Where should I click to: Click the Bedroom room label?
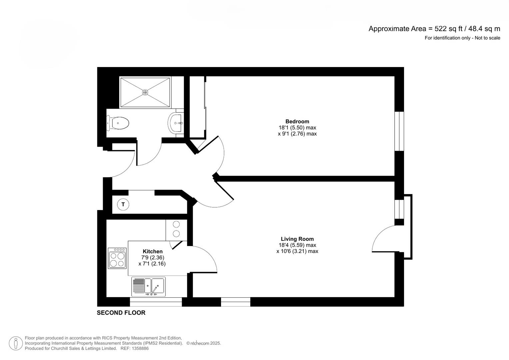click(297, 121)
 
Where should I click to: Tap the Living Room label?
click(297, 239)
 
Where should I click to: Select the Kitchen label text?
click(153, 251)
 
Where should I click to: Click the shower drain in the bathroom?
click(145, 92)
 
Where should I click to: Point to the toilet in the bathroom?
click(118, 123)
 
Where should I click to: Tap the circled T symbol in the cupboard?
click(123, 204)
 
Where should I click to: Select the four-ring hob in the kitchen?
click(117, 258)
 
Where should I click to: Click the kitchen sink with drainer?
click(148, 286)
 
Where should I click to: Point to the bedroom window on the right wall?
click(399, 131)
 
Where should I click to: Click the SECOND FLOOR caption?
click(121, 313)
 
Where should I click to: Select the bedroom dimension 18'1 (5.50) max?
click(297, 127)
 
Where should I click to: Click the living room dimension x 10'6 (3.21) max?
click(297, 251)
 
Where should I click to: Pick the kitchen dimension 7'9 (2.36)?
click(153, 257)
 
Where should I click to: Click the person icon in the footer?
click(16, 343)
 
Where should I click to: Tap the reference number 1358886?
click(140, 348)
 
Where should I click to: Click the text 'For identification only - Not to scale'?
click(462, 38)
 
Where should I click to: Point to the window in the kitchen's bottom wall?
click(156, 302)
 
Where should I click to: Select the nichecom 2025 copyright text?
click(204, 343)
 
